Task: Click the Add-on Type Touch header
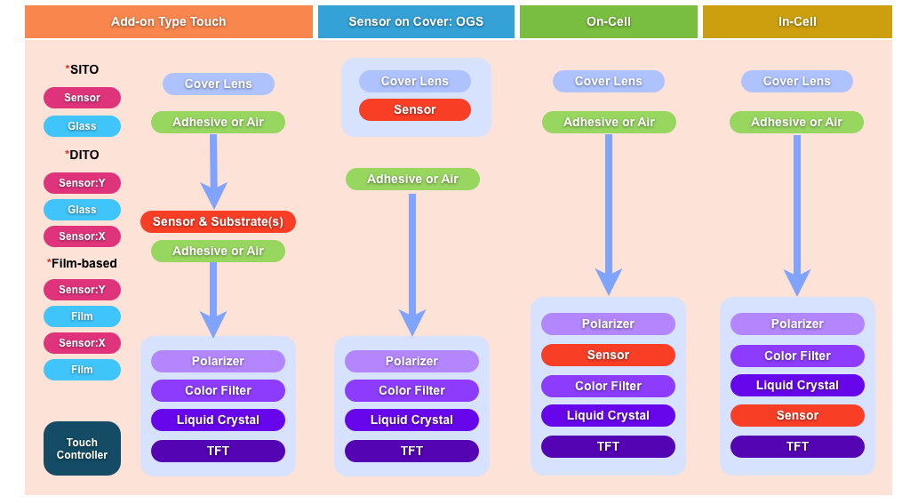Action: [x=169, y=21]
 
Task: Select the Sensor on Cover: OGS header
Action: [x=416, y=21]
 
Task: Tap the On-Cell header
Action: [x=609, y=21]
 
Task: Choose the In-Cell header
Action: [x=797, y=21]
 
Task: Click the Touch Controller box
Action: [x=82, y=448]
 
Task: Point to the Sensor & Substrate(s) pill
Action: [x=218, y=221]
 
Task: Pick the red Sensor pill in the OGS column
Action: [x=415, y=109]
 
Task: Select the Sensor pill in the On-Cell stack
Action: [x=608, y=355]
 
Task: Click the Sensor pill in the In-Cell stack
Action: [x=797, y=415]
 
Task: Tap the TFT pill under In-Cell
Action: [x=797, y=446]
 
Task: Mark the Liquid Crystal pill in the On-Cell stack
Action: [x=608, y=415]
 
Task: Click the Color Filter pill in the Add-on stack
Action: [x=218, y=390]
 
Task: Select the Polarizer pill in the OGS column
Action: [x=411, y=361]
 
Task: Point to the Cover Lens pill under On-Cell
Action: [x=608, y=81]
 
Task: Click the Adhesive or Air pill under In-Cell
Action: [x=796, y=122]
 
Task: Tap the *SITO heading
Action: [x=82, y=69]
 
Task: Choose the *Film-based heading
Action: [x=82, y=263]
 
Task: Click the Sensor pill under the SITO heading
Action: [x=82, y=98]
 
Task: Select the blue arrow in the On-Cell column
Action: [x=609, y=213]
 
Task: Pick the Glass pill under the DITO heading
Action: [x=82, y=210]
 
